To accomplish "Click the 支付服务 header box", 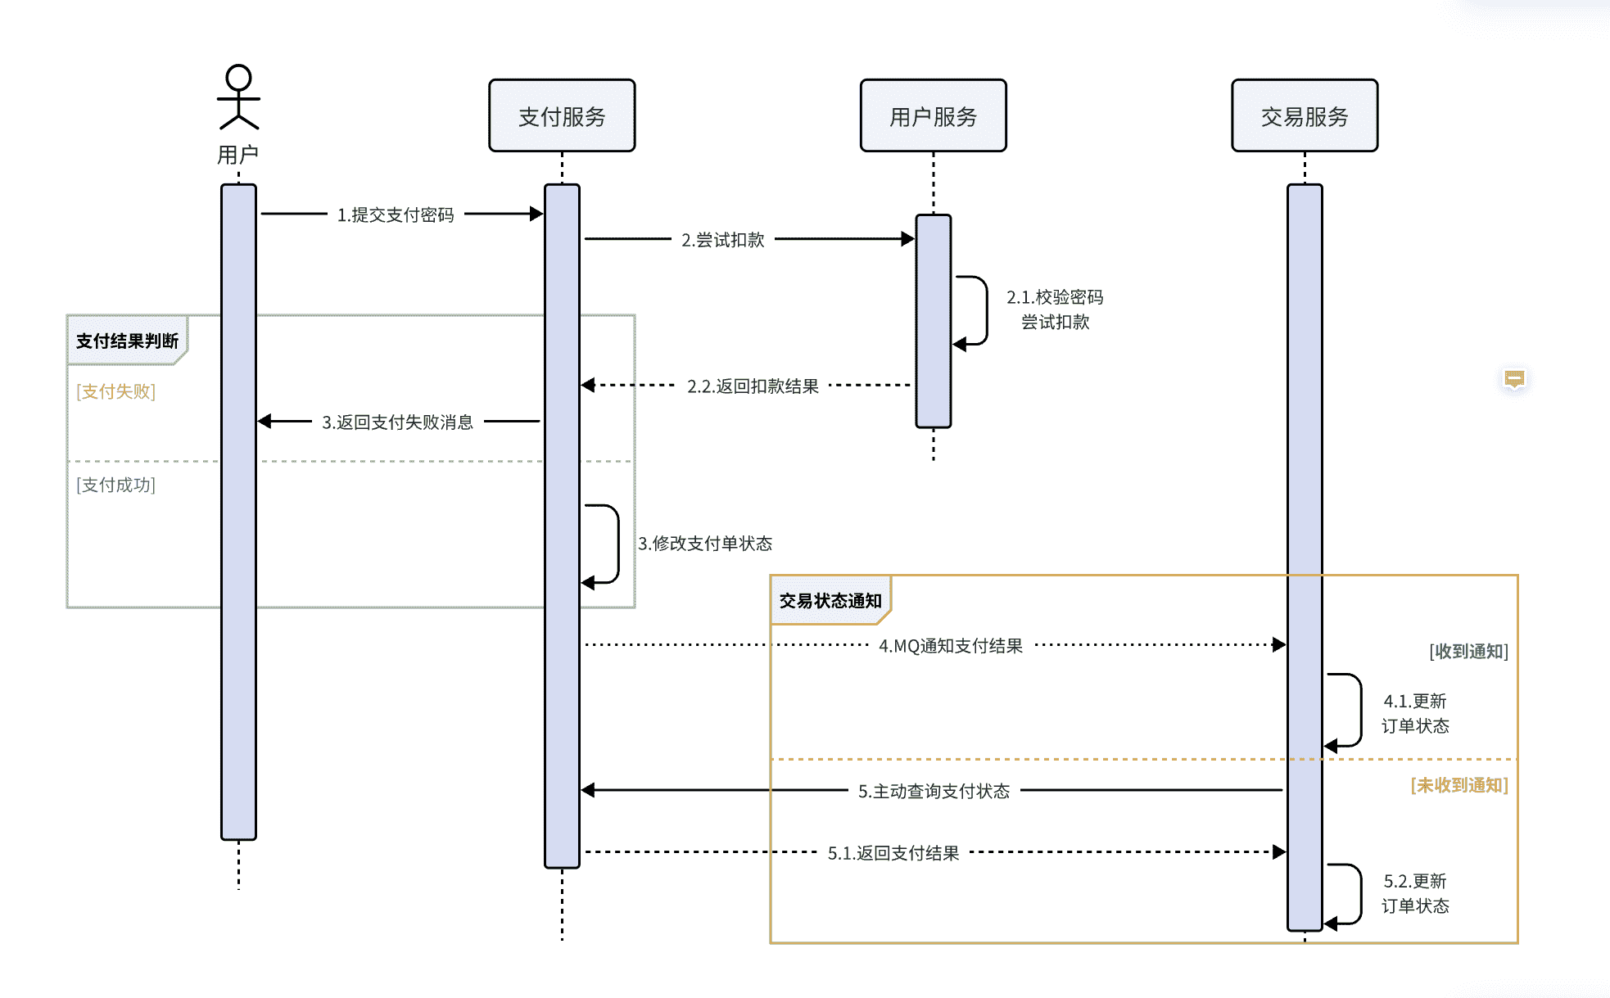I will coord(562,116).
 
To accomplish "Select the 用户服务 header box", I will coord(933,116).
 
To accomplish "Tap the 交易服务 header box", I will coord(1305,116).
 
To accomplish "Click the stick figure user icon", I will coord(238,97).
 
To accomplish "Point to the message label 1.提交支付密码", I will coord(396,215).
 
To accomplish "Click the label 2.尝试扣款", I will coord(722,240).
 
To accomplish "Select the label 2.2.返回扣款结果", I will coord(753,386).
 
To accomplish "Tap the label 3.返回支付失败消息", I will coord(397,422).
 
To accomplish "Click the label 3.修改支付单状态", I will coord(705,544).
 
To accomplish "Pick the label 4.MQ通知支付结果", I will coord(951,646).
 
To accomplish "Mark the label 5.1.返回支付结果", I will coord(893,853).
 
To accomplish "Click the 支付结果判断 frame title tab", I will coord(127,341).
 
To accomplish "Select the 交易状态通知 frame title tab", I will coord(830,601).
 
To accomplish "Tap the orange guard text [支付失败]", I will coord(116,391).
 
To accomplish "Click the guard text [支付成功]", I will coord(116,485).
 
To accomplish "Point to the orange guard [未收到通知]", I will coord(1458,785).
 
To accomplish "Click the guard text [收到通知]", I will coord(1468,652).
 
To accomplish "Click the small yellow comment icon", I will coord(1514,379).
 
